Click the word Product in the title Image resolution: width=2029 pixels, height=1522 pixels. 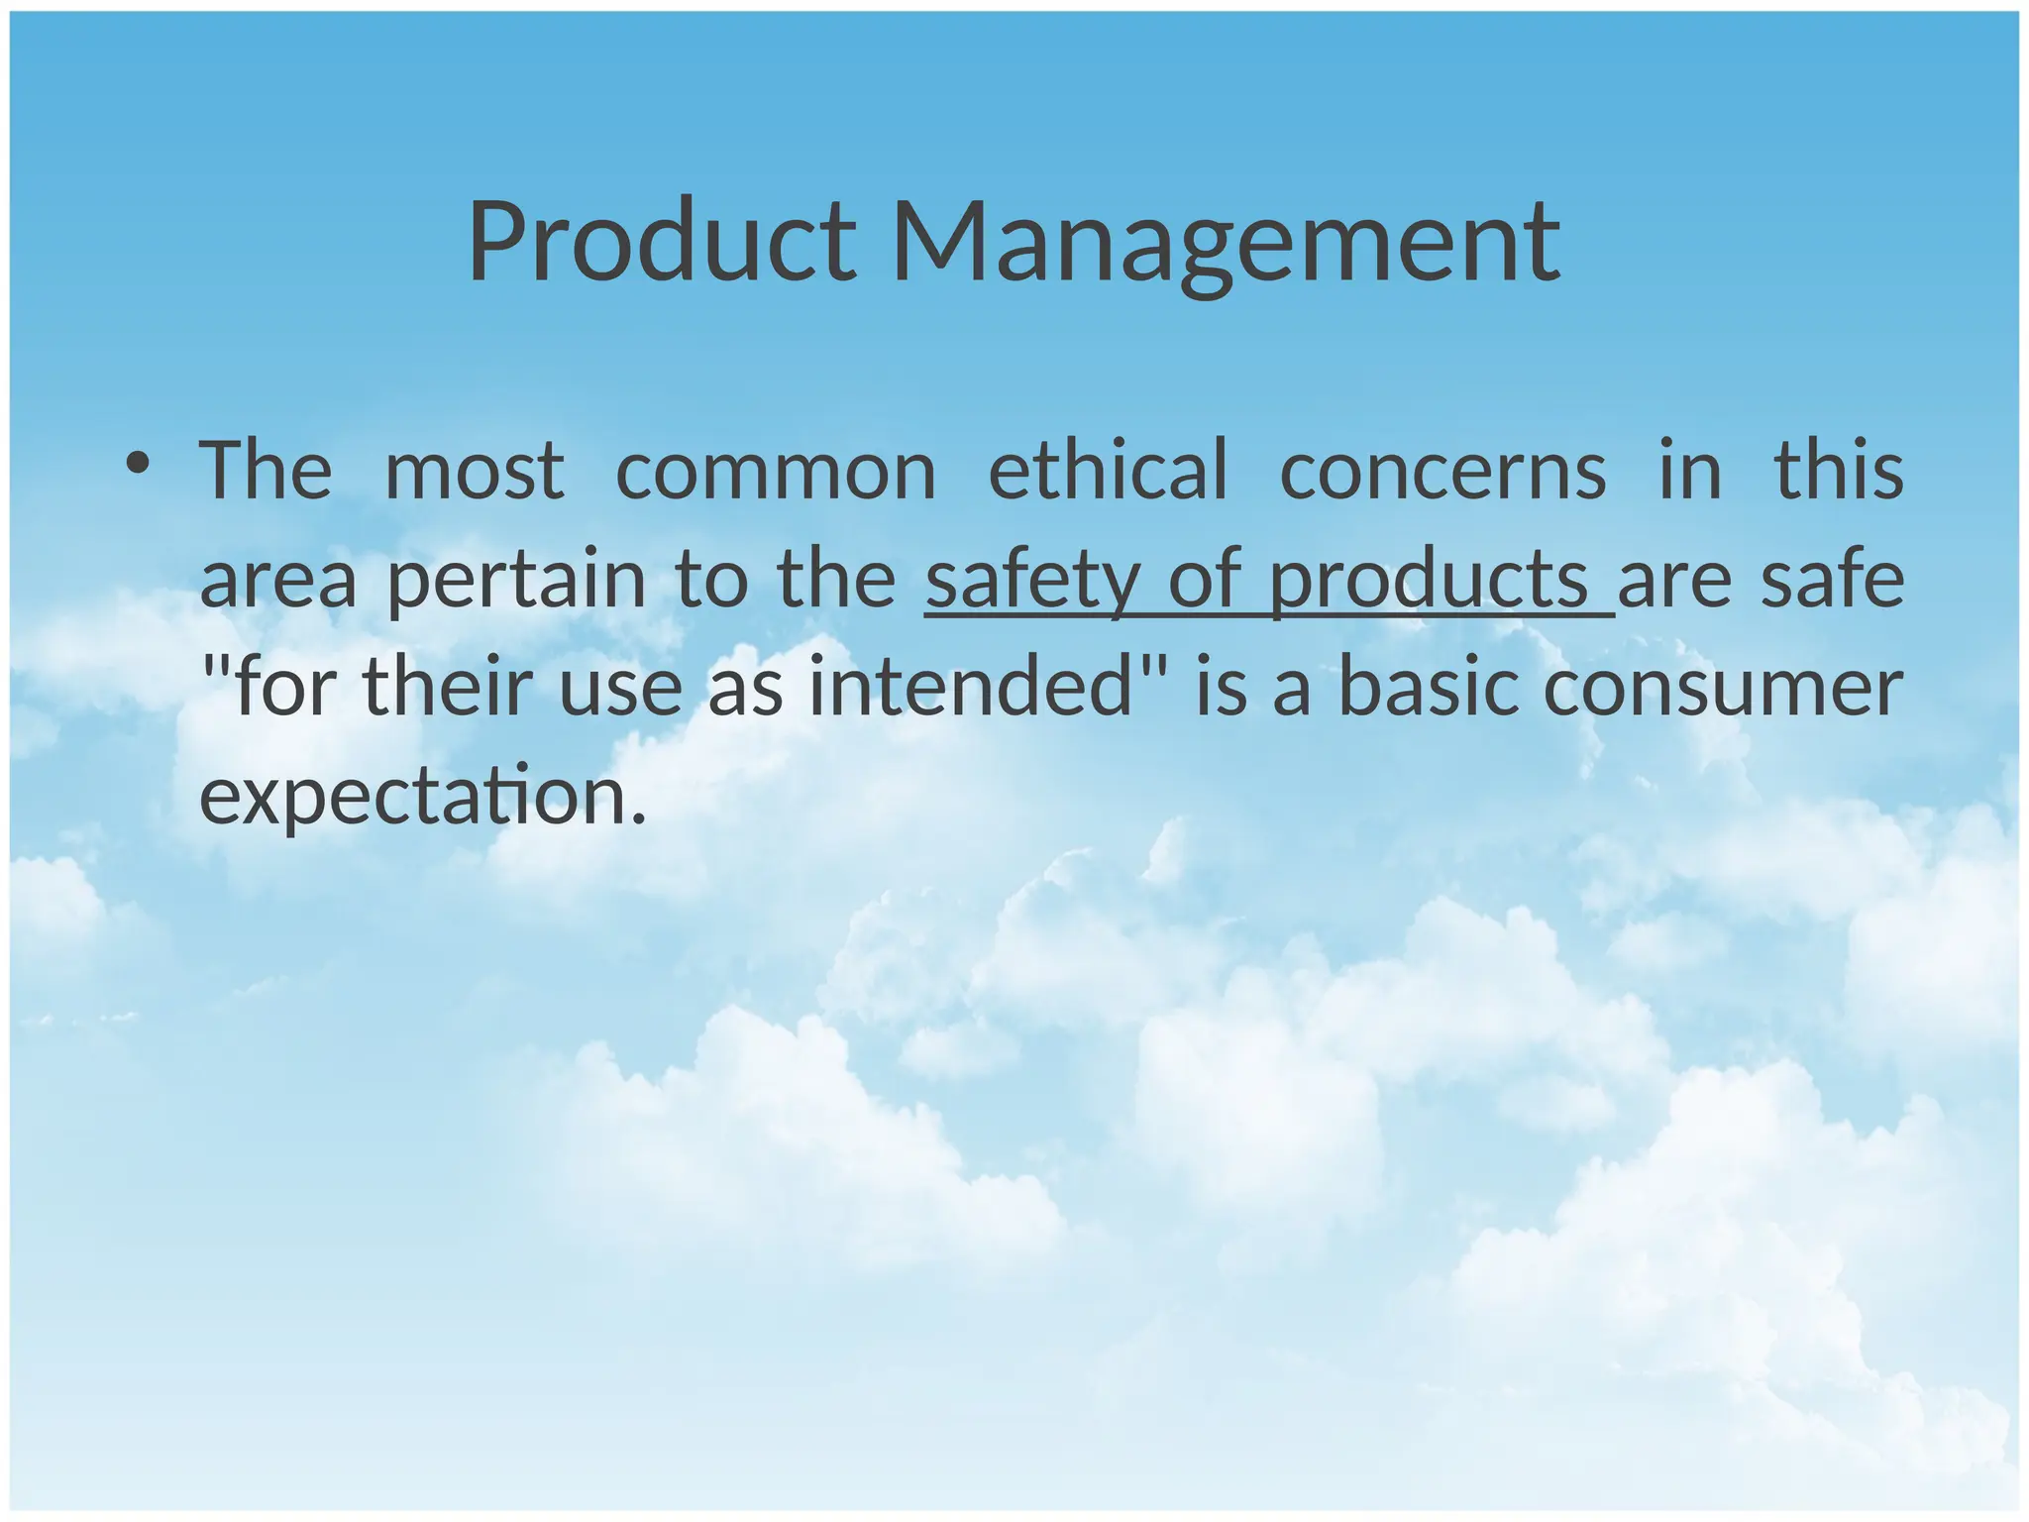[661, 243]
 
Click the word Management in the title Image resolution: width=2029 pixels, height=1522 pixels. [1226, 243]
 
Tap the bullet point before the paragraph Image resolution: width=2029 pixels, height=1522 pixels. [138, 463]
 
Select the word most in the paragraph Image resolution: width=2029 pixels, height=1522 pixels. [474, 471]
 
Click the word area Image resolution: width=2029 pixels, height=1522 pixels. [277, 580]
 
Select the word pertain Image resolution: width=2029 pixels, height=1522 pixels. [515, 580]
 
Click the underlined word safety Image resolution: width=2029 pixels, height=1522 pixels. [1031, 580]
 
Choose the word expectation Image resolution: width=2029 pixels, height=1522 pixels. [422, 798]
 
